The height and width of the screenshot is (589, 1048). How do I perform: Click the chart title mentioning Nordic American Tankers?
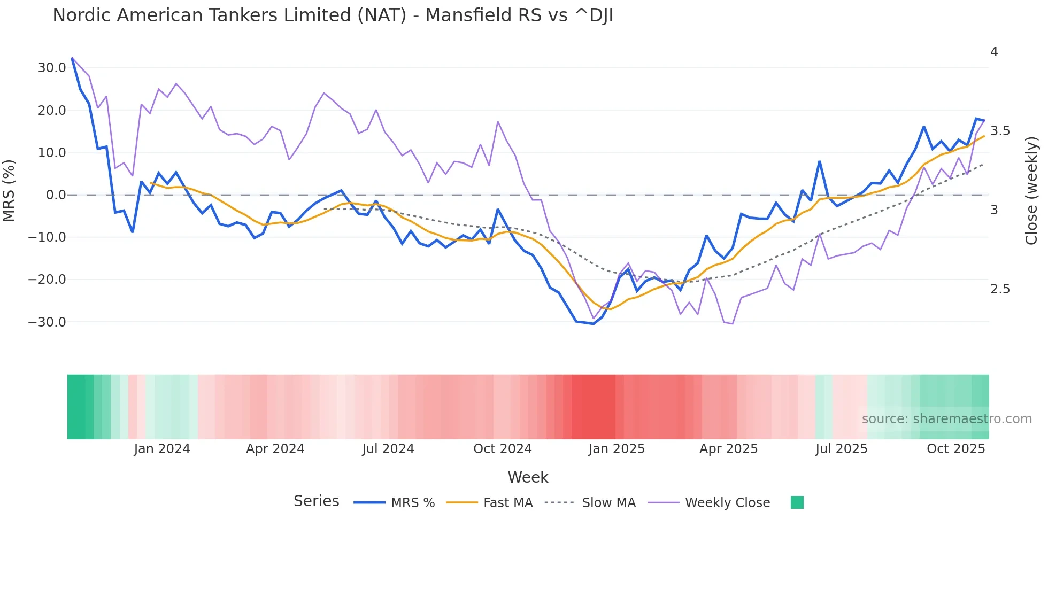(x=333, y=15)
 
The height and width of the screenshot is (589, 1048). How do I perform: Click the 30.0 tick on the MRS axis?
(x=52, y=68)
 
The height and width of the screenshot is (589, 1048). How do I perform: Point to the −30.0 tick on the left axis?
(x=47, y=322)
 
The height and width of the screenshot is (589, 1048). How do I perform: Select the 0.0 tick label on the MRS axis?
(x=56, y=195)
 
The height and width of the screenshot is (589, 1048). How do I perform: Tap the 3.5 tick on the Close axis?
(x=1000, y=131)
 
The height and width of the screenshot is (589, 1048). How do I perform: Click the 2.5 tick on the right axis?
(x=1000, y=289)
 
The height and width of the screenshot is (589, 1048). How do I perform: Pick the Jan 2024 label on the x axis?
(x=162, y=449)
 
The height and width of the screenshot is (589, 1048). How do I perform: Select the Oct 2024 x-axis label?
(x=503, y=449)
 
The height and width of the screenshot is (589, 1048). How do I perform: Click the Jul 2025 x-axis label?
(x=841, y=449)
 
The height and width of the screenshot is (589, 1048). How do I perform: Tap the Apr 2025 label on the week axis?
(x=728, y=449)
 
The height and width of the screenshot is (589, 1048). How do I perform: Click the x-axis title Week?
(x=528, y=477)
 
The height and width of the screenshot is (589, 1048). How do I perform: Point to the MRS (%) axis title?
(x=9, y=190)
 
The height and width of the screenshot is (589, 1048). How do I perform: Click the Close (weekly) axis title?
(x=1031, y=190)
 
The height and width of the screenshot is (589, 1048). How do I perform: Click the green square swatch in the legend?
(x=797, y=502)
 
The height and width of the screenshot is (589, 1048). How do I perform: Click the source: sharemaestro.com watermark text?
(x=946, y=419)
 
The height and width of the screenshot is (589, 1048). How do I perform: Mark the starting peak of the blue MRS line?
(x=72, y=58)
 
